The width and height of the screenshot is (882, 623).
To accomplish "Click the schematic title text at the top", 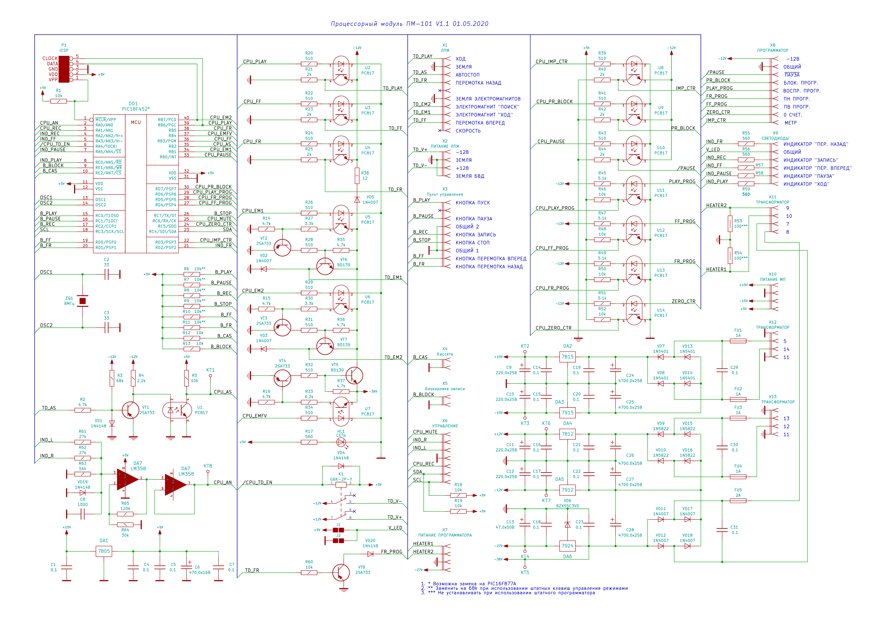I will (x=410, y=24).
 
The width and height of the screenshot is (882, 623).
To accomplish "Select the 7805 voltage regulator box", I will (x=104, y=551).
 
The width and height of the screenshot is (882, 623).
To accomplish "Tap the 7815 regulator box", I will (x=567, y=357).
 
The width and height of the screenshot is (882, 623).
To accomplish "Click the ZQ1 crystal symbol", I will (x=82, y=301).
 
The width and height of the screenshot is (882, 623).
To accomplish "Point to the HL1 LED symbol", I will (x=341, y=442).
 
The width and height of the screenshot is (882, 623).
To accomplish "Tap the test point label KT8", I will (x=208, y=466).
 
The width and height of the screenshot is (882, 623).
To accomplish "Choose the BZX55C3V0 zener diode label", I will (x=567, y=506).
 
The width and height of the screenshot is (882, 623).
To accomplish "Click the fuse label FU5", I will (x=738, y=490).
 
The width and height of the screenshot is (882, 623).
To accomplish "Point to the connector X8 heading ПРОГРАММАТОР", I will (x=773, y=50).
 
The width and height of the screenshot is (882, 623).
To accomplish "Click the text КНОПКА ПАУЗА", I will (x=474, y=219).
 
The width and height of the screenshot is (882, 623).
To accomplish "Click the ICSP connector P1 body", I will (x=64, y=69).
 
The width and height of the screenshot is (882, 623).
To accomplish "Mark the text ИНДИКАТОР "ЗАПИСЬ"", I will (x=811, y=160).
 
